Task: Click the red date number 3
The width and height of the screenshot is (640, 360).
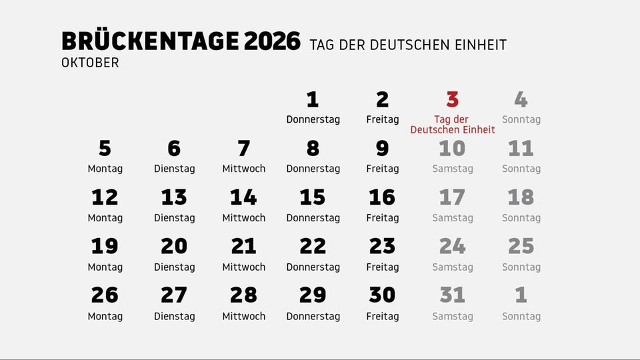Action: [x=453, y=100]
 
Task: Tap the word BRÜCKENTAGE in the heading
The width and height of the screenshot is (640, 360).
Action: [x=149, y=41]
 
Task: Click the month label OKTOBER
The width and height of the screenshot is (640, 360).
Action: [x=90, y=63]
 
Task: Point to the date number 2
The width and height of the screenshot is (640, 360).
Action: [x=382, y=100]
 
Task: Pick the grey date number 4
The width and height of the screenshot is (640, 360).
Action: [x=521, y=100]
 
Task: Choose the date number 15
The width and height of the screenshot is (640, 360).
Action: [x=313, y=197]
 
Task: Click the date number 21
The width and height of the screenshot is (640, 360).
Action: [x=243, y=247]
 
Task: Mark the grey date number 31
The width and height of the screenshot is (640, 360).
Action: [x=453, y=295]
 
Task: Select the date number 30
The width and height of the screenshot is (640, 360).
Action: [x=382, y=295]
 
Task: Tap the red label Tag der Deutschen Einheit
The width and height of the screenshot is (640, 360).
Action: [x=453, y=125]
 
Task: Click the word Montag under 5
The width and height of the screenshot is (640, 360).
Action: [x=105, y=169]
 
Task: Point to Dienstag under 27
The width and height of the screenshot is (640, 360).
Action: [x=175, y=316]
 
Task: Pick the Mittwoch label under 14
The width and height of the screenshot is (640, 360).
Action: [x=244, y=218]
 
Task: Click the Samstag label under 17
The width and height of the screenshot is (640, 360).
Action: [x=453, y=218]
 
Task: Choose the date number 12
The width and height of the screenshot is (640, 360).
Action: [x=105, y=197]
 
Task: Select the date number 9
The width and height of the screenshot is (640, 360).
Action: [x=382, y=148]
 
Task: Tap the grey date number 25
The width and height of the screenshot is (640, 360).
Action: [x=521, y=247]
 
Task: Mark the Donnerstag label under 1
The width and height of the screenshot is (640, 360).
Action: [x=313, y=120]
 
